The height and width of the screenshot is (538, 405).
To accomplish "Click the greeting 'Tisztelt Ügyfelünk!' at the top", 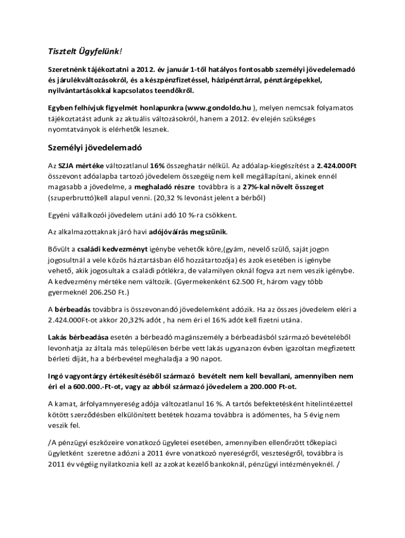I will [x=84, y=50].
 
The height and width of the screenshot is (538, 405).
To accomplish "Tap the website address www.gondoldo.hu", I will [x=215, y=107].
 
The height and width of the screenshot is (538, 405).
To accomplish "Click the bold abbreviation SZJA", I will [x=66, y=165].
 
